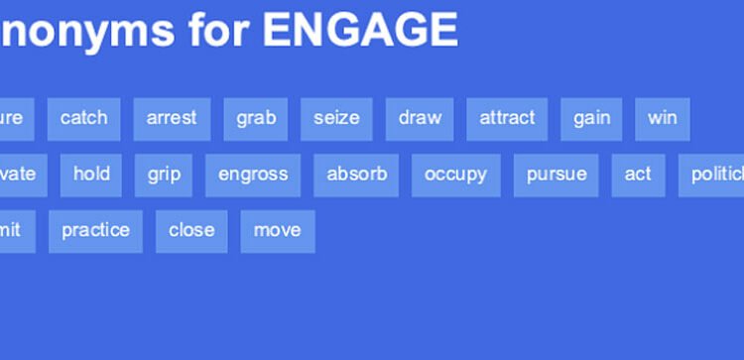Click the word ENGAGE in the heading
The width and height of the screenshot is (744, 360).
tap(360, 31)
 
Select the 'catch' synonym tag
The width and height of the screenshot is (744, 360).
tap(83, 118)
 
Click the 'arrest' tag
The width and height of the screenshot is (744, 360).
tap(172, 118)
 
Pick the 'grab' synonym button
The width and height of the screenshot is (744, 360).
tap(256, 118)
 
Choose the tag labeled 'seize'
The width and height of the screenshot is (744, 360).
tap(336, 118)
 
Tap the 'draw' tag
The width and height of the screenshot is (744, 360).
tap(420, 118)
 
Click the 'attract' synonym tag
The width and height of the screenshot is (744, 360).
tap(507, 118)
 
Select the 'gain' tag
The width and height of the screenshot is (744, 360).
tap(591, 118)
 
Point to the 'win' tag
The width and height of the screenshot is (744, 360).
tap(662, 118)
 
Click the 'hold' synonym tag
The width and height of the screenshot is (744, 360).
tap(91, 175)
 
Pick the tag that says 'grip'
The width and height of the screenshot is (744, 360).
tap(164, 175)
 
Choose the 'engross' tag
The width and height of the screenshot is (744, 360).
tap(253, 175)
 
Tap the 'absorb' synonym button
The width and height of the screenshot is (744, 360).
tap(356, 175)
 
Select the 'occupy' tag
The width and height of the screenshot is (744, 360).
tap(455, 175)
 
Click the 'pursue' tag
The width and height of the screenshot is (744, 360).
tap(556, 175)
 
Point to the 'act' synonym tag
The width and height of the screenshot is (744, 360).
tap(638, 175)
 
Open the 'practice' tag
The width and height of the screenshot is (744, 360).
tap(95, 230)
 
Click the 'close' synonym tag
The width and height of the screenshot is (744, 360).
tap(191, 230)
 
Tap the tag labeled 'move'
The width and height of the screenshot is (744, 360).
tap(277, 230)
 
